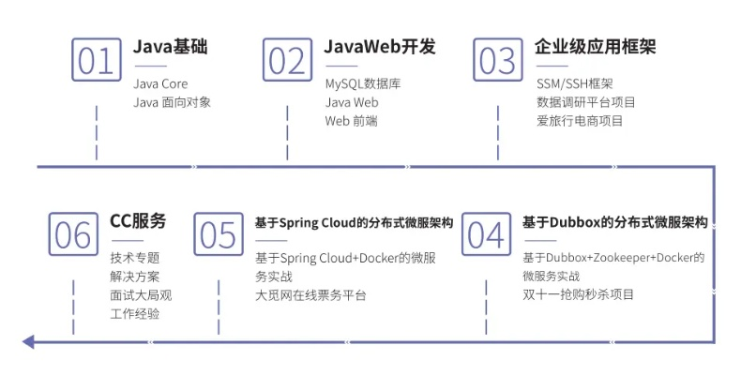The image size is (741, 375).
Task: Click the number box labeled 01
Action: tap(97, 59)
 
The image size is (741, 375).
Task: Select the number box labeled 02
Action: tap(287, 59)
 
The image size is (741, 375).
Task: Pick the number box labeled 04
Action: tap(485, 234)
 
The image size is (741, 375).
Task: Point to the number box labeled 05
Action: tap(219, 234)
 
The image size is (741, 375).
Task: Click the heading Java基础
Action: tap(171, 47)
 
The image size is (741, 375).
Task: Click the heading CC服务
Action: tap(138, 221)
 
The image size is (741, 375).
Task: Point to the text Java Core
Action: tap(161, 84)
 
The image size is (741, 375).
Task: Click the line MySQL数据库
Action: tap(363, 84)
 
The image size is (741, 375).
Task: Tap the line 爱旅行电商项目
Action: tap(580, 120)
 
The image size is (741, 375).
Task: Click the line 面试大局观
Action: tap(141, 294)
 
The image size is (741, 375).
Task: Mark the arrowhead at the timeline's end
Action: tap(28, 341)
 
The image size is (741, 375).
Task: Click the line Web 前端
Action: tap(351, 120)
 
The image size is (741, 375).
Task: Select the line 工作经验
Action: tap(135, 313)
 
